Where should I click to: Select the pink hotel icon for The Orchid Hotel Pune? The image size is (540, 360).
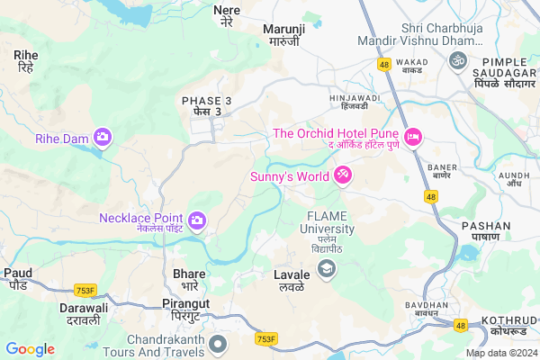[414, 137]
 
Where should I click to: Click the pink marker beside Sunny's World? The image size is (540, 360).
[343, 174]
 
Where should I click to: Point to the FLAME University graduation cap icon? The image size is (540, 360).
[326, 268]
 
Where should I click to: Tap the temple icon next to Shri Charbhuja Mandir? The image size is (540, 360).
[457, 59]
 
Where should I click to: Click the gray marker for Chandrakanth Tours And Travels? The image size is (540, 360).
[217, 344]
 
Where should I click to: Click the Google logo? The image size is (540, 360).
[30, 349]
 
